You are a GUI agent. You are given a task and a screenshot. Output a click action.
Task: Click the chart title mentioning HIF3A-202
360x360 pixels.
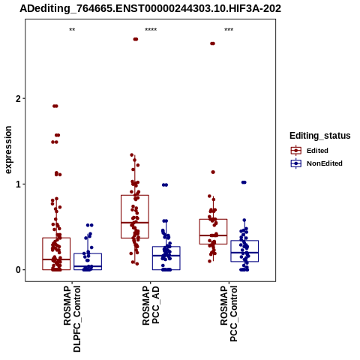coord(150,9)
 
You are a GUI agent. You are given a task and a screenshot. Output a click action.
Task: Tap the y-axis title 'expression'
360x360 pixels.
coord(8,150)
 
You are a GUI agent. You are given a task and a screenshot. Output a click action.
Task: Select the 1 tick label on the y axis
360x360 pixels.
coord(18,184)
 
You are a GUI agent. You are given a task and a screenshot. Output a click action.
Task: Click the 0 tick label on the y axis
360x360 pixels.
coord(18,270)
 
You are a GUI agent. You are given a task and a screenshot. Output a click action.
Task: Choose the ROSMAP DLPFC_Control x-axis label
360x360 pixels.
coord(72,319)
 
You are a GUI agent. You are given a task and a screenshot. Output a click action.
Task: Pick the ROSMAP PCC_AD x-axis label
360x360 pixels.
coord(151,305)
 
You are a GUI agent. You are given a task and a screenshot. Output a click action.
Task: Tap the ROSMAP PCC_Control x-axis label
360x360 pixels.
coord(229,313)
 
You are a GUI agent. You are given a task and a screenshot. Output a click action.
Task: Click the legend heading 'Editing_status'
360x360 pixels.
coord(320,136)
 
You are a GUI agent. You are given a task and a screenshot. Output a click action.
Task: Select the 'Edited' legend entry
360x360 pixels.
coord(317,151)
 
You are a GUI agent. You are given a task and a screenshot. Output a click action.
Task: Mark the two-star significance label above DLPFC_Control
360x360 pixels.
coord(72,30)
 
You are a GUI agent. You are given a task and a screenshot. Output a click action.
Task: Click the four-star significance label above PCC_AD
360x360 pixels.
coord(151,30)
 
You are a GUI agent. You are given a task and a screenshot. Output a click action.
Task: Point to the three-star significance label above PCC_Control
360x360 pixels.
coord(229,30)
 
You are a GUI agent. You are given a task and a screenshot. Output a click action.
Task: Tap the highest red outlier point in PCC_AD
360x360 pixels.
coord(136,39)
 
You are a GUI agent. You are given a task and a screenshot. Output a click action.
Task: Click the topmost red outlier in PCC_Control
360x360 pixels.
coord(212,43)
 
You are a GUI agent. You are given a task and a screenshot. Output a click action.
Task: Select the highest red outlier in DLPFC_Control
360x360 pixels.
coord(55,106)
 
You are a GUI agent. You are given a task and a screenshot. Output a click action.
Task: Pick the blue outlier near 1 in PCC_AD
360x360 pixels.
coord(165,185)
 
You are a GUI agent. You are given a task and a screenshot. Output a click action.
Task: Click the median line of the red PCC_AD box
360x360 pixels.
coord(135,222)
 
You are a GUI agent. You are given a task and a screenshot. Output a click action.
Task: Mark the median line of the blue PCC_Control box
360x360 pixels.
coord(244,253)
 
